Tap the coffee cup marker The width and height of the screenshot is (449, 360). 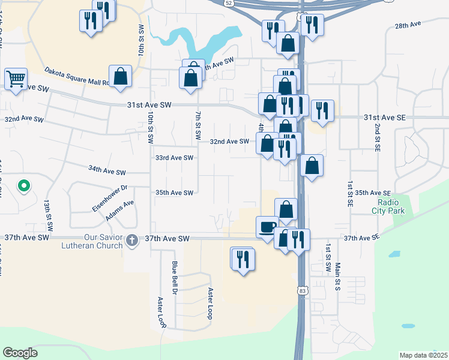[267, 227]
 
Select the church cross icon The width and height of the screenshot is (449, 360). [133, 239]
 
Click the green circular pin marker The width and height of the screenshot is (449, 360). [23, 187]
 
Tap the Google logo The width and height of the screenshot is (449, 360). [20, 353]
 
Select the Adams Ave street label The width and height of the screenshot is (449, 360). [120, 210]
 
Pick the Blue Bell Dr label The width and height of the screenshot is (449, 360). [175, 277]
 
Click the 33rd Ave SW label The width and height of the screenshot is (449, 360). [174, 158]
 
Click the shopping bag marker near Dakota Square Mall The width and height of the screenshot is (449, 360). [121, 77]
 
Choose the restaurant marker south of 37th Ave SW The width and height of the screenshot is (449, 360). [243, 260]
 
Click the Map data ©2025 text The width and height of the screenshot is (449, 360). [423, 355]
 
